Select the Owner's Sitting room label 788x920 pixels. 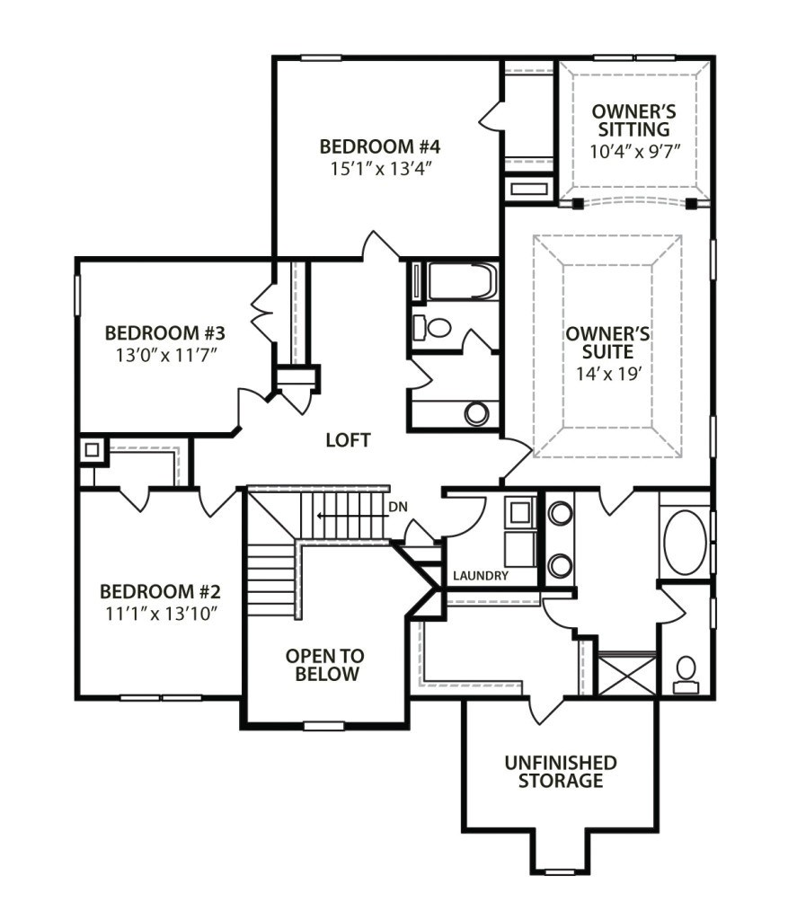point(633,120)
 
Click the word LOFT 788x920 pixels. point(348,440)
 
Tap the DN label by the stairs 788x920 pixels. point(398,507)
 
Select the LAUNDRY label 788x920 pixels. point(481,575)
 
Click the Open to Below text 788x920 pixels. point(323,665)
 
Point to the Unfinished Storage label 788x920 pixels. point(560,772)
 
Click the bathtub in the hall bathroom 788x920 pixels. point(460,281)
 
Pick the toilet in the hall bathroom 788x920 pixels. point(434,327)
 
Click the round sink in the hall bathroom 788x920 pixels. point(477,413)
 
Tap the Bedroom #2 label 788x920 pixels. point(160,592)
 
